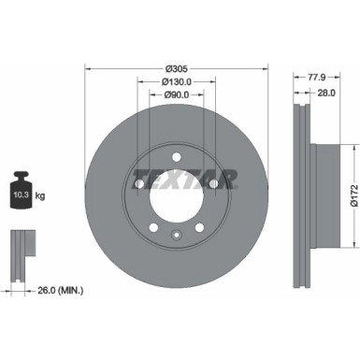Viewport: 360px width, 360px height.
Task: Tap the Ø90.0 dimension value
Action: click(178, 94)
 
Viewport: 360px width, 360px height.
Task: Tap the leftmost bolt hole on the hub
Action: click(138, 184)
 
